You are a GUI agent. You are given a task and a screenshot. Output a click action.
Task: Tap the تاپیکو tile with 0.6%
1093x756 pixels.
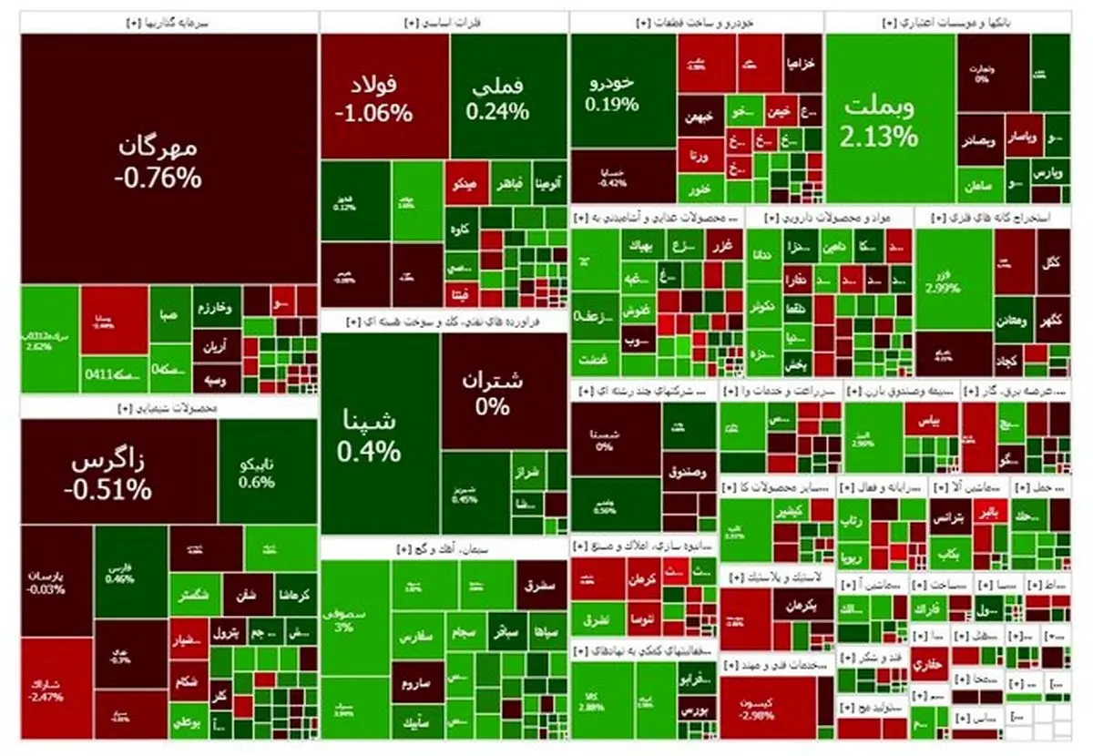[256, 474]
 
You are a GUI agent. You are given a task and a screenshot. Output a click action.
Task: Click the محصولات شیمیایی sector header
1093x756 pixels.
[169, 408]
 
